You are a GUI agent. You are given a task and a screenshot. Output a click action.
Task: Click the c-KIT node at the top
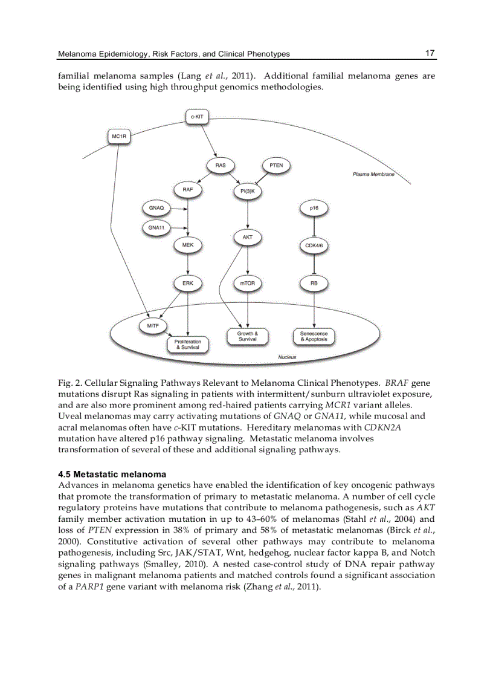(x=196, y=116)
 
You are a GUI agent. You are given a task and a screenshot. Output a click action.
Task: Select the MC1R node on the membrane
(x=119, y=137)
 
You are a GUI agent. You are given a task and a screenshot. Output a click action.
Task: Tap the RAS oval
(x=220, y=164)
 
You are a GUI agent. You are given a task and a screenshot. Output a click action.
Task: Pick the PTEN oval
(x=275, y=164)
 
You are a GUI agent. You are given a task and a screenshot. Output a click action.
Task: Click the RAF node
(x=188, y=189)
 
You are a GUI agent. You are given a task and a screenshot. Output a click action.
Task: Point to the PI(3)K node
(x=248, y=192)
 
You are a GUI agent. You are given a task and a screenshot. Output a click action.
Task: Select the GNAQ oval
(x=156, y=208)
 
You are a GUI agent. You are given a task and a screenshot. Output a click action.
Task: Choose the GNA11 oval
(x=156, y=228)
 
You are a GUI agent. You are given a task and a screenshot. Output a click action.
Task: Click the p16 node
(x=314, y=208)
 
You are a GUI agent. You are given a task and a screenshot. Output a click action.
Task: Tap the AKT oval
(x=248, y=238)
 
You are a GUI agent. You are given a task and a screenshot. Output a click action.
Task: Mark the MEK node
(x=188, y=245)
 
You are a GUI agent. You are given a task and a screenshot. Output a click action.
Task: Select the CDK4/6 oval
(x=314, y=245)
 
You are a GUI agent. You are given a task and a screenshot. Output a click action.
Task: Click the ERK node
(x=188, y=282)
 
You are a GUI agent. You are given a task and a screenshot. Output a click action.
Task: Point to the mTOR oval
(x=248, y=282)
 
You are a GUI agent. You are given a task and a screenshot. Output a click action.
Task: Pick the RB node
(x=314, y=282)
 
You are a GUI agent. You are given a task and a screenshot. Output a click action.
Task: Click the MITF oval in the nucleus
(x=153, y=326)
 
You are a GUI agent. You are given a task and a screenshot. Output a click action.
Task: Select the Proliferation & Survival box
(x=188, y=345)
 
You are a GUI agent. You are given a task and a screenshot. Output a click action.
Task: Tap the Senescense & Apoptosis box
(x=314, y=336)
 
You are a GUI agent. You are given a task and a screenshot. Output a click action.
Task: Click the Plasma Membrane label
(x=373, y=174)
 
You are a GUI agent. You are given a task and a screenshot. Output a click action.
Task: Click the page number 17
(x=430, y=53)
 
